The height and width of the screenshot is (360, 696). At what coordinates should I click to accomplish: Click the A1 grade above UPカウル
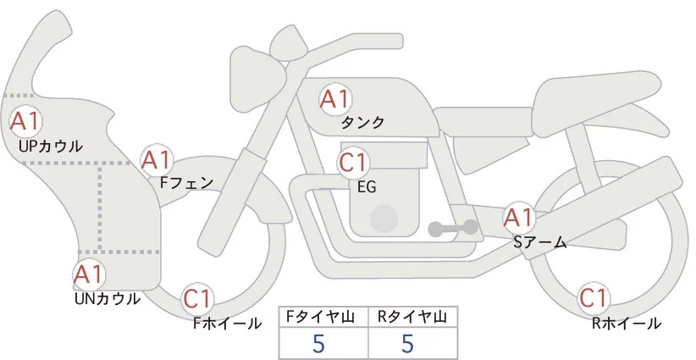tap(25, 121)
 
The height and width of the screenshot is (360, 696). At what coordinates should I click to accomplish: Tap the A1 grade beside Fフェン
tap(157, 160)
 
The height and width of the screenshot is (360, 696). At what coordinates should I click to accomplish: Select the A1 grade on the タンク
tap(335, 99)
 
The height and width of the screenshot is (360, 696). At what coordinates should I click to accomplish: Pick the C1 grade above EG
tap(353, 163)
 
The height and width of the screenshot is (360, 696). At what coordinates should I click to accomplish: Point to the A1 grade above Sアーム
tap(519, 218)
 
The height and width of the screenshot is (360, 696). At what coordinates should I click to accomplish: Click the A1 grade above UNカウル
tap(89, 274)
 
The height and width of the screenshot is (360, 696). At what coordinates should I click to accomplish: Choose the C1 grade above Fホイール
tap(196, 299)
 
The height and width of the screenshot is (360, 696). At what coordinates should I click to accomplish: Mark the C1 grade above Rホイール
tap(594, 298)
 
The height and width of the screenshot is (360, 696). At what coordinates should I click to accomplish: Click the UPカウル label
tap(51, 147)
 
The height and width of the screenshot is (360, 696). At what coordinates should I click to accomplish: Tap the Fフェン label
tap(186, 182)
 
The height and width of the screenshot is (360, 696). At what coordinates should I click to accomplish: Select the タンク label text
tap(362, 123)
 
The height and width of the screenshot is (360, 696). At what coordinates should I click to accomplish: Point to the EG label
tap(367, 187)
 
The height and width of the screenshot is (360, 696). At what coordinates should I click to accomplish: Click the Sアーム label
tap(540, 242)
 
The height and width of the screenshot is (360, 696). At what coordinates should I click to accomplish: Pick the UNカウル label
tap(108, 299)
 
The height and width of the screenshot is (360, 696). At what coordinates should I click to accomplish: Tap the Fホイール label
tap(227, 324)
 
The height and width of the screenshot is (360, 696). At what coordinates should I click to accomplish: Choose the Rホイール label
tap(627, 324)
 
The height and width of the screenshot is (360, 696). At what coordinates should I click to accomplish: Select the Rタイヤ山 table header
tap(412, 317)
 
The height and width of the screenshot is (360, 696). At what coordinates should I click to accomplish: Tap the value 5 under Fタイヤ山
tap(318, 344)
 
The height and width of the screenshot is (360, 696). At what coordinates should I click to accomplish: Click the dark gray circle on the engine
tap(384, 219)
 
